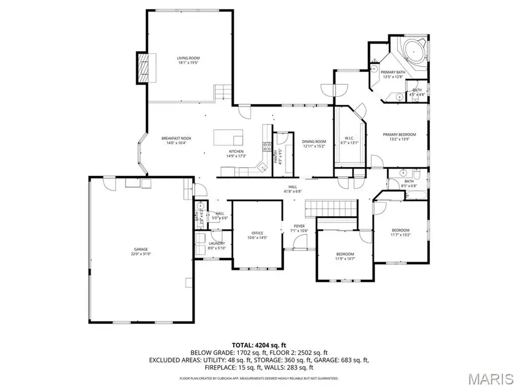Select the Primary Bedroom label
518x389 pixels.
pos(399,135)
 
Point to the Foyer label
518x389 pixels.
pos(299,226)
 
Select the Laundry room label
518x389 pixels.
pos(217,243)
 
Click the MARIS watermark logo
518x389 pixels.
pos(490,378)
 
